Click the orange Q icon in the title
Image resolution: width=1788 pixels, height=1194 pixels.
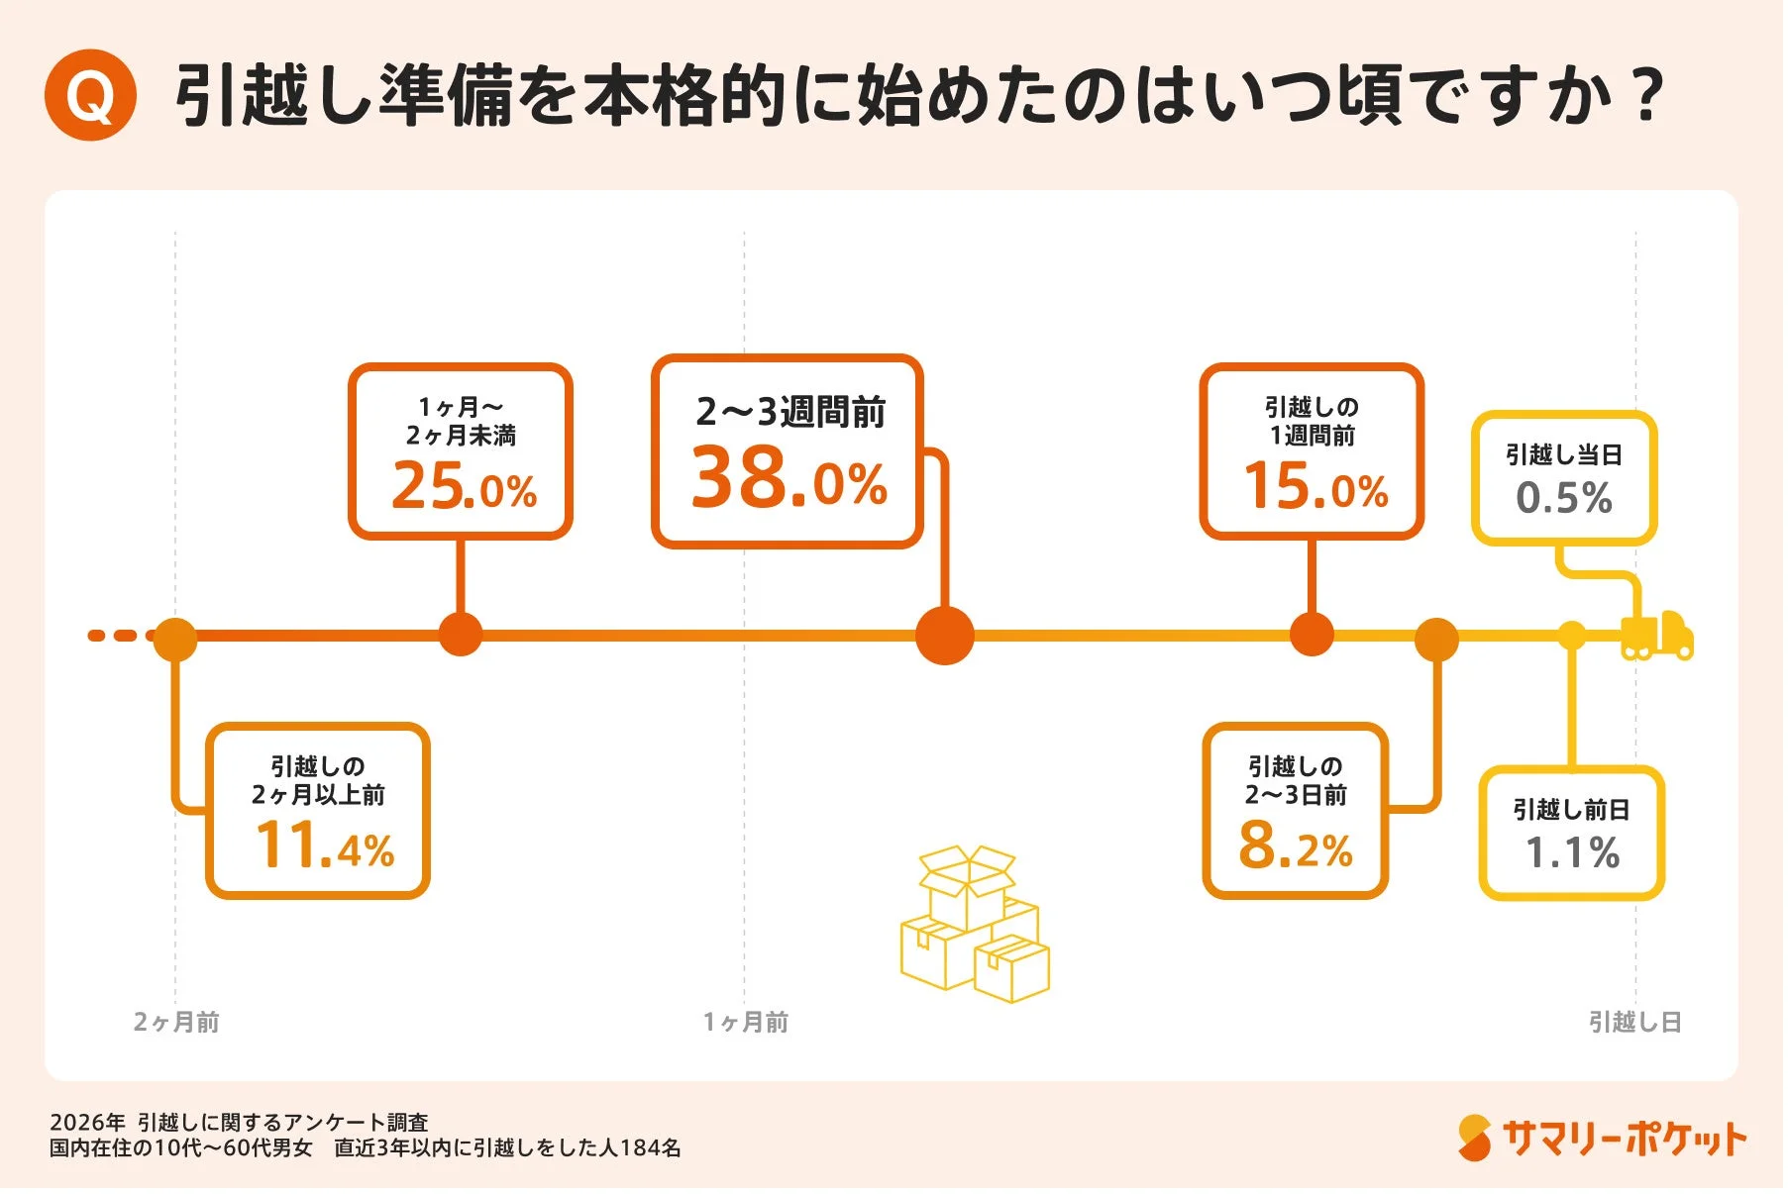coord(90,95)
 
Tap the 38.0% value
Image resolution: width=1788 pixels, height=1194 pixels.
coord(789,479)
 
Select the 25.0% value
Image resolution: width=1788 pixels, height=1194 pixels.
coord(464,486)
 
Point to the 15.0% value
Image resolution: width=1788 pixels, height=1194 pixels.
coord(1315,486)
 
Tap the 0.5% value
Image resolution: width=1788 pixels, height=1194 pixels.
coord(1563,498)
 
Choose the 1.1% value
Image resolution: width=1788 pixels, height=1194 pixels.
coord(1571,852)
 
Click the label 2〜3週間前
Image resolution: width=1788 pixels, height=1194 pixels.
coord(789,412)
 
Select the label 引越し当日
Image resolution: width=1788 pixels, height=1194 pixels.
coord(1563,454)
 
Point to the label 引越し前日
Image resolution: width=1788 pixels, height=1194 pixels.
coord(1571,810)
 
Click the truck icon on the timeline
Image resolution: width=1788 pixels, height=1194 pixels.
coord(1656,636)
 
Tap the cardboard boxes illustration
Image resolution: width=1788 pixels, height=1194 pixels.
coord(973,923)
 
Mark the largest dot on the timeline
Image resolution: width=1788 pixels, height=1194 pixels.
coord(944,636)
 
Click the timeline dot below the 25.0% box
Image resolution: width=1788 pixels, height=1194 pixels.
coord(460,635)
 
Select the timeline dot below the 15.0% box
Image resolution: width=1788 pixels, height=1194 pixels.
coord(1312,635)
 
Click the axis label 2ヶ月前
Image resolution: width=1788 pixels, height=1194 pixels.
coord(176,1022)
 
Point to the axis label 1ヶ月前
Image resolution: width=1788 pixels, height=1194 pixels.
coord(745,1022)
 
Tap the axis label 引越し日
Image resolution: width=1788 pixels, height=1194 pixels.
coord(1634,1022)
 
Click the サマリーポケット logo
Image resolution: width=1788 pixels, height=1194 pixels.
coord(1601,1139)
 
